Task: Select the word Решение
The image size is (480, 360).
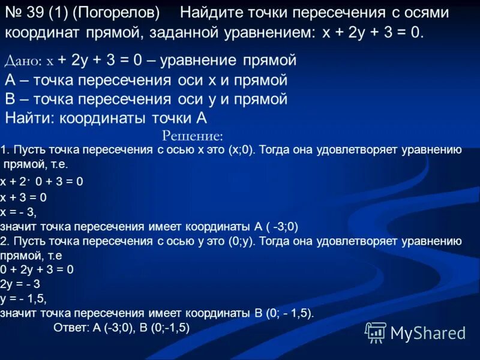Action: tap(193, 136)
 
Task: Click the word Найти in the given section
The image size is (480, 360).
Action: tap(29, 118)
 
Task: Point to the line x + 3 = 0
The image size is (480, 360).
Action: tap(23, 197)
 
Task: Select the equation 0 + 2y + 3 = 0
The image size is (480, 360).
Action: tap(37, 270)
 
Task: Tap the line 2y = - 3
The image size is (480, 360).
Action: tap(22, 284)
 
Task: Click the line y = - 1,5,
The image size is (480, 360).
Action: tap(23, 299)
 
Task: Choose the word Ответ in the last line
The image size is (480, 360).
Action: tap(71, 328)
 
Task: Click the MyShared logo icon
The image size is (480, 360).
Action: tap(376, 332)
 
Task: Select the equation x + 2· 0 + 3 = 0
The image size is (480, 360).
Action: tap(42, 181)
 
